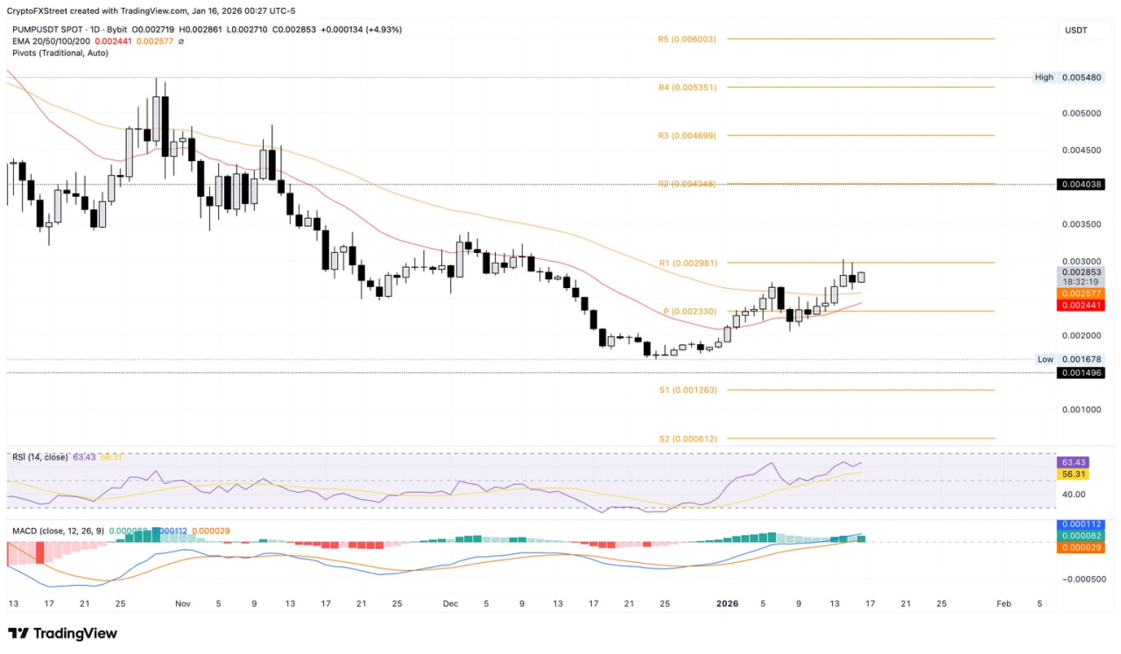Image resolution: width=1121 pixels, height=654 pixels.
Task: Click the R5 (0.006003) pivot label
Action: tap(687, 39)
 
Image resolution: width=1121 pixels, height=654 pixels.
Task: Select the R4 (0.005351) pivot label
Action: tap(687, 88)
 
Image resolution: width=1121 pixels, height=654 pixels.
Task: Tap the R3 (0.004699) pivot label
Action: tap(687, 136)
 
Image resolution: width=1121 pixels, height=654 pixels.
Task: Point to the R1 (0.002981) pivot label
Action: tap(687, 263)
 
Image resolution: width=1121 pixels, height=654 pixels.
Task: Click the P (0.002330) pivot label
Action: tap(690, 312)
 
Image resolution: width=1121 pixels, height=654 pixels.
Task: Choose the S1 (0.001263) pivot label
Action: tap(687, 390)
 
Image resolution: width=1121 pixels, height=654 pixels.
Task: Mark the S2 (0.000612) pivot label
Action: tap(687, 438)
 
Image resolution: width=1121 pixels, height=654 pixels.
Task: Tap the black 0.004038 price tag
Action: tap(1082, 185)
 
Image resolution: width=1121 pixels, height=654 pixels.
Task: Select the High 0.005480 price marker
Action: tap(1068, 77)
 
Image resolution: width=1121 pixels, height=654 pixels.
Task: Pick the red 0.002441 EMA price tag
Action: tap(1082, 306)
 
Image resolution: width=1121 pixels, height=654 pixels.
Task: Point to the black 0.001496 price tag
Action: tap(1082, 373)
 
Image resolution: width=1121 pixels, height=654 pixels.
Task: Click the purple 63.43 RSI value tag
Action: tap(1075, 462)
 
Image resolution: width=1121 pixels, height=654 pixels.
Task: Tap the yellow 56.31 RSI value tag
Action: tap(1075, 474)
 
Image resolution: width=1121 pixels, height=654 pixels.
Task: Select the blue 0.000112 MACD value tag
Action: tap(1082, 524)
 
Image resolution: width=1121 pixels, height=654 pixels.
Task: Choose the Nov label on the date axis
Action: tap(182, 604)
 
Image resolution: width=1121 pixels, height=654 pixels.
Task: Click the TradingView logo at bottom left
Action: tap(62, 634)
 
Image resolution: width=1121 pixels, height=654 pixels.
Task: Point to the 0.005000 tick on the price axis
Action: tap(1082, 113)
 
